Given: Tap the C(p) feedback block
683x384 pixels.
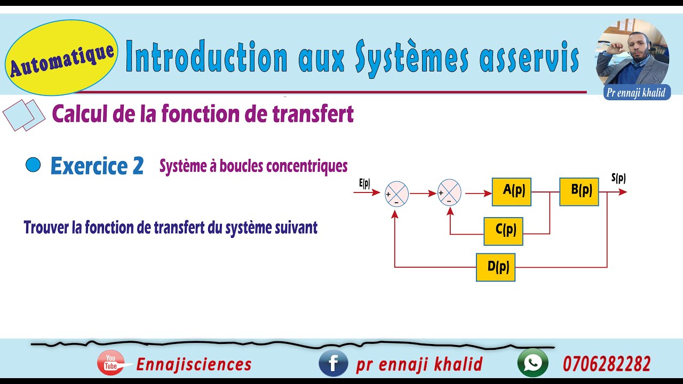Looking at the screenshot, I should point(503,231).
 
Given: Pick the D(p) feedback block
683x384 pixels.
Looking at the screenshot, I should point(496,267).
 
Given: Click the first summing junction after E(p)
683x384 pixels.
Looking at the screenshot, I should point(396,194).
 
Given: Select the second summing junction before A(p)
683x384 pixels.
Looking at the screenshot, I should point(449,193).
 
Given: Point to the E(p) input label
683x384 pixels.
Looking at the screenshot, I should point(365,183).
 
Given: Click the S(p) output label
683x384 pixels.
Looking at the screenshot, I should point(618,178).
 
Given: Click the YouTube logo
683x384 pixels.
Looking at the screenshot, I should point(111,363).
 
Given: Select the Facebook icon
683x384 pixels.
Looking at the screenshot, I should point(333,363).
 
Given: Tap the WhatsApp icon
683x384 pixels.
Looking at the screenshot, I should point(533,363).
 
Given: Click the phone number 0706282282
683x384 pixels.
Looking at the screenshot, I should point(607,364).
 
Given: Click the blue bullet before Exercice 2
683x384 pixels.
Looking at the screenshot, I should point(33,165).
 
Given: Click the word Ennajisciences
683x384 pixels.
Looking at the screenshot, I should point(194,364).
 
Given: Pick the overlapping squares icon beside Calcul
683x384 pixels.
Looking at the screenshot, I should point(24,115).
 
